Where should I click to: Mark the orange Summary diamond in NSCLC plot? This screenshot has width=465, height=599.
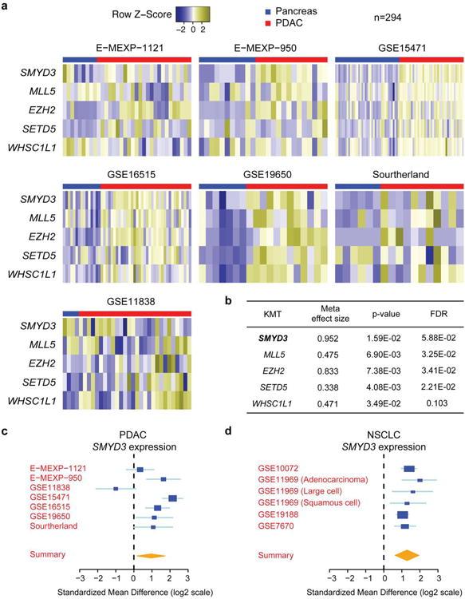408,554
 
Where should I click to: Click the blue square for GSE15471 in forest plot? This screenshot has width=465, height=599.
173,498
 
